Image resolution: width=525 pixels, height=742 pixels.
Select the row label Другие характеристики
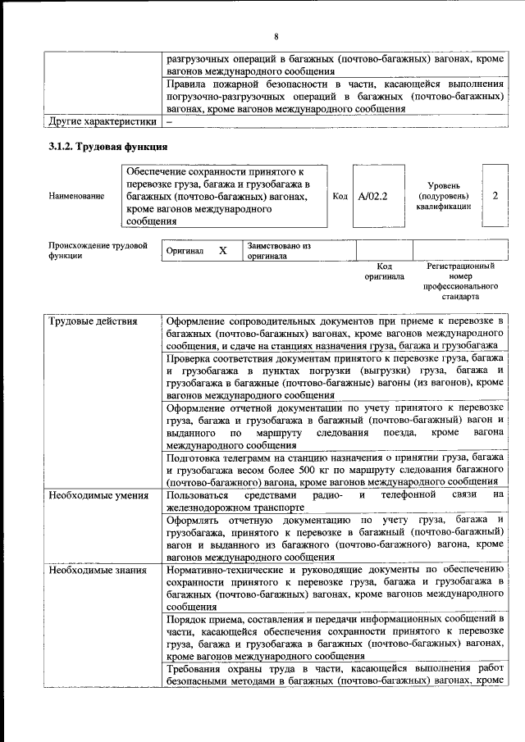click(101, 121)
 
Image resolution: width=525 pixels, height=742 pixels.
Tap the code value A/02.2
click(372, 197)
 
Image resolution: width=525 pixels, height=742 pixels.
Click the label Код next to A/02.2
click(340, 197)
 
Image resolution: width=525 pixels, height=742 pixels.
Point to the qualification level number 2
click(495, 197)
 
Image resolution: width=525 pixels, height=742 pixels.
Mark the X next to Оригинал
click(222, 251)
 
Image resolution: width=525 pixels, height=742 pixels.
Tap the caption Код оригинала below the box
click(384, 271)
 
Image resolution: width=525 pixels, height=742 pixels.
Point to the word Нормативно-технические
click(228, 570)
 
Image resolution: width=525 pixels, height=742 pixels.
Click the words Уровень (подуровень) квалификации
click(443, 197)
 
